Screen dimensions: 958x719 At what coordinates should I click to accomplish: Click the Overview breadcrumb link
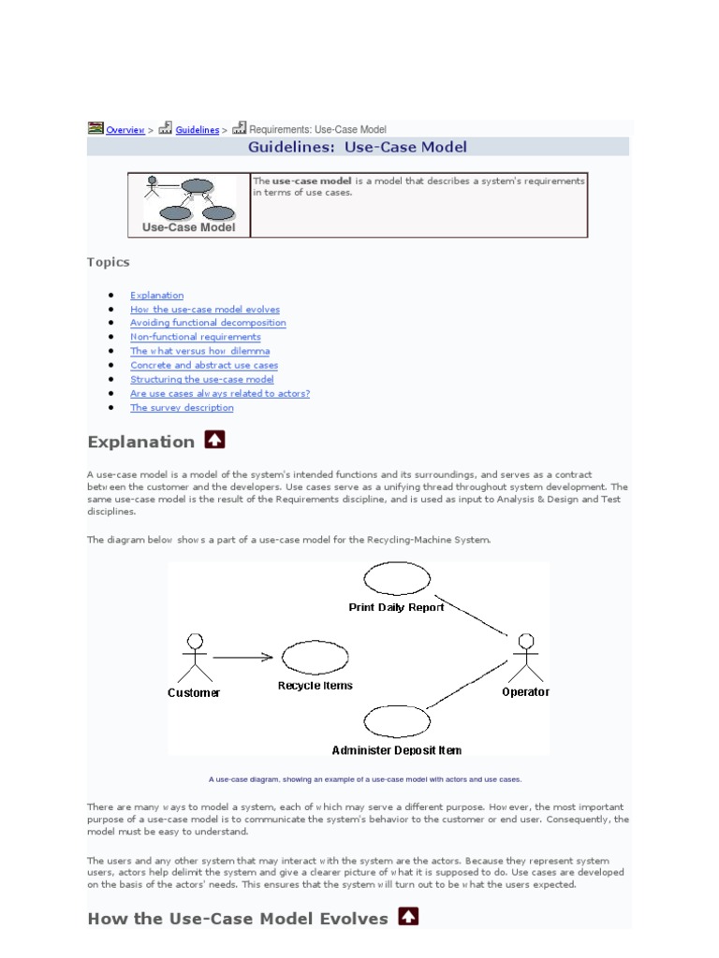click(x=125, y=130)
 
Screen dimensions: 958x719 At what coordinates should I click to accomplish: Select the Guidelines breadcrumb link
click(x=197, y=130)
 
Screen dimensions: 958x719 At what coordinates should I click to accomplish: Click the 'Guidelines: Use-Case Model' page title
click(x=358, y=147)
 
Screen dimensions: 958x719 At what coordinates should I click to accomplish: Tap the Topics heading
click(x=109, y=262)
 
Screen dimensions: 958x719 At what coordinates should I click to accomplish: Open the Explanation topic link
click(x=157, y=296)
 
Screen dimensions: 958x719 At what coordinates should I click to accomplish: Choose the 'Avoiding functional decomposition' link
click(x=208, y=323)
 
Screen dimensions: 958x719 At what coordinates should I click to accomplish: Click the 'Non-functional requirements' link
click(x=196, y=337)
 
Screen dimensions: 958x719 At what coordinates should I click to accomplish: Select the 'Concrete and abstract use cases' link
click(x=204, y=365)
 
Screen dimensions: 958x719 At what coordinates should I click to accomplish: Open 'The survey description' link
click(x=182, y=408)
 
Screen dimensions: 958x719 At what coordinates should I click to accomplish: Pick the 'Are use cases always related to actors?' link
click(x=220, y=394)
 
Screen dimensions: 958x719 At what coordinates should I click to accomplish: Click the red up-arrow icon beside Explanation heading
click(x=214, y=440)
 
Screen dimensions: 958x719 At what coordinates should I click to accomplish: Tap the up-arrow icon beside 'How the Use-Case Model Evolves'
click(x=408, y=917)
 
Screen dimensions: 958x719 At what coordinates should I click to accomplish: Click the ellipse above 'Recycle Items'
click(x=315, y=657)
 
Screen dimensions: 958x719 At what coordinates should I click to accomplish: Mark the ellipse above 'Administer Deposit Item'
click(x=396, y=722)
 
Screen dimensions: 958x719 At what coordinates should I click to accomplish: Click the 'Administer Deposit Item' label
click(x=396, y=750)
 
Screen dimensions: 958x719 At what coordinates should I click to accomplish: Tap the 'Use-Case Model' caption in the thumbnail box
click(x=189, y=226)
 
